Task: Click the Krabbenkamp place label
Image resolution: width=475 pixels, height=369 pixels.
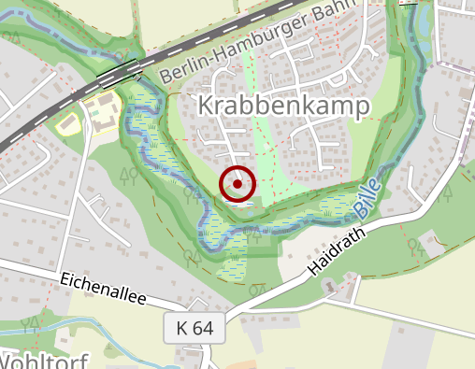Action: tap(285, 106)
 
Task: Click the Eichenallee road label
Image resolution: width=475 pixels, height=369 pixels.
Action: tap(104, 287)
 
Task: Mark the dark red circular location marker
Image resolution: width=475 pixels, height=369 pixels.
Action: tap(237, 184)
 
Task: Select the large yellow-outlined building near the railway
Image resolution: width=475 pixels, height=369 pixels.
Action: tap(103, 112)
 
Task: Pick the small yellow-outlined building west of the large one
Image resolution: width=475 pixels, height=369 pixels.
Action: tap(68, 121)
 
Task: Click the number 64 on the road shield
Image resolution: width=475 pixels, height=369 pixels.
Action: tap(203, 328)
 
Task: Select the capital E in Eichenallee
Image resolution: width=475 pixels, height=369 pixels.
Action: tap(65, 278)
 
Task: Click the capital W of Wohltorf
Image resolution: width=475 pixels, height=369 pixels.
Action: tap(7, 361)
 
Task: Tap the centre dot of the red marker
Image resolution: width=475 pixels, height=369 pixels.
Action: tap(237, 184)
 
